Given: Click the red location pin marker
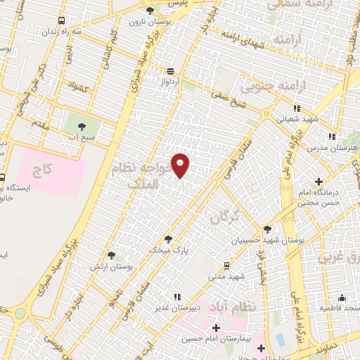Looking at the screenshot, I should tap(181, 165).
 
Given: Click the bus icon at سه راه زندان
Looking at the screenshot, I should tap(62, 21).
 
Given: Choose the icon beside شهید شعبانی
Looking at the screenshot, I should tap(297, 108).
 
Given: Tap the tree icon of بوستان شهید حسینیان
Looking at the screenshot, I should tap(266, 229).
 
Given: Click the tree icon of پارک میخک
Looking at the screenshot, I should tap(167, 238).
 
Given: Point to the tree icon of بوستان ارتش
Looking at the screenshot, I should tap(111, 255).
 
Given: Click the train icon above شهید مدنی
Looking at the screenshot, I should tap(226, 265).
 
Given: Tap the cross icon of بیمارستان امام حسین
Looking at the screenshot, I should tap(215, 328).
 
